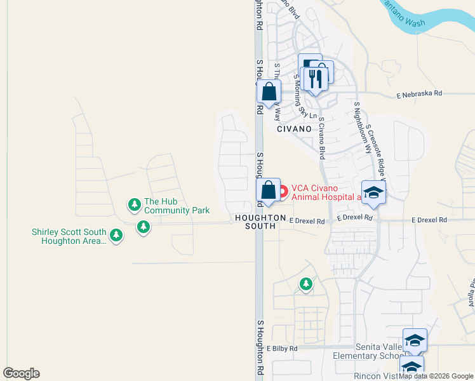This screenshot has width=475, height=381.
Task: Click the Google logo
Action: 21,373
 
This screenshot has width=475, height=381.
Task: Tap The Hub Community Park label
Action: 168,205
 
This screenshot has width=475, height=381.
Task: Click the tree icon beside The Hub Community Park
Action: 134,204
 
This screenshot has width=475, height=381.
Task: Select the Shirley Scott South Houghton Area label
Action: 69,236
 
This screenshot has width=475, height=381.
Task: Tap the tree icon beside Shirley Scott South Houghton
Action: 116,236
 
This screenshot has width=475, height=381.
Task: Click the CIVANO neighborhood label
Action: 294,128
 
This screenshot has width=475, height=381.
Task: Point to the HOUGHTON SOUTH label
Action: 260,222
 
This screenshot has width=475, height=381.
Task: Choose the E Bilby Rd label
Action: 282,349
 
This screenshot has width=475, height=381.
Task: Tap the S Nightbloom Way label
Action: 363,128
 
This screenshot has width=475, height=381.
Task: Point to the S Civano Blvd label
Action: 323,137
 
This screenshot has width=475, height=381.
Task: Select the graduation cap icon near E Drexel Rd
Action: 373,192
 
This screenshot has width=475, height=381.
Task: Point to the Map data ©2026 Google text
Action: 436,376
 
